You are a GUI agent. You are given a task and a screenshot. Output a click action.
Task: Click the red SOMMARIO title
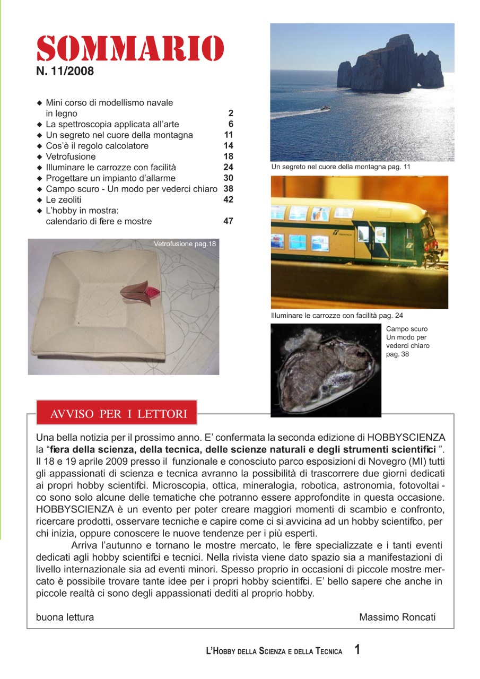coord(130,49)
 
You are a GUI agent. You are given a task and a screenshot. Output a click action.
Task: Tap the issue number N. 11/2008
coord(65,71)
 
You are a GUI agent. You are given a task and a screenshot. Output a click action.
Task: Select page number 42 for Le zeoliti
coord(229,199)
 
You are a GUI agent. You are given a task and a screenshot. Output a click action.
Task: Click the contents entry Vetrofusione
coord(71,156)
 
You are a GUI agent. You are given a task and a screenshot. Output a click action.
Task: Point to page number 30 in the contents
coord(229,178)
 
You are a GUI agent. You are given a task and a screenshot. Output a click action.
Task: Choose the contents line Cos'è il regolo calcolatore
coord(97,146)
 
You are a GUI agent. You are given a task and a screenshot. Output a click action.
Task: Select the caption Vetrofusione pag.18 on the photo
coord(185,244)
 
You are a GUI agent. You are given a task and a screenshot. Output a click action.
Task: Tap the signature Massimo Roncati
coord(397,617)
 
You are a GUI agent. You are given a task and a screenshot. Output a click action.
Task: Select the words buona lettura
coord(65,617)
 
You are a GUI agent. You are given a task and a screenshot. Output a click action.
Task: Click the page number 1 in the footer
coord(357,650)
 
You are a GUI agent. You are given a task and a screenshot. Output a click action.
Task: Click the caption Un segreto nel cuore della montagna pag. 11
coord(341,167)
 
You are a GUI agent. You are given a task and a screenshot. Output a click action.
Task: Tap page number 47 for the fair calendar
coord(229,221)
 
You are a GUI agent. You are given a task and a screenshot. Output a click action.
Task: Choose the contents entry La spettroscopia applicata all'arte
coord(112,124)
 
